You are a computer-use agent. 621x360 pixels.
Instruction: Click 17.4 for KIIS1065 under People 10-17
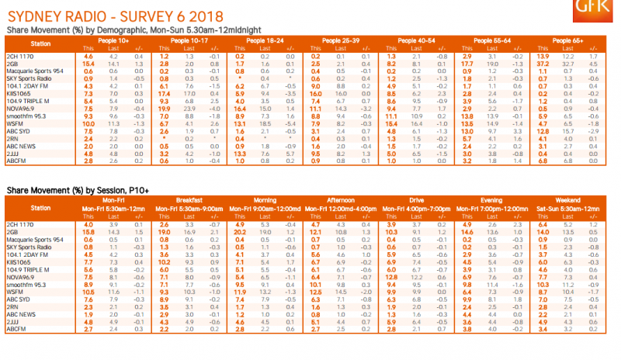(165, 92)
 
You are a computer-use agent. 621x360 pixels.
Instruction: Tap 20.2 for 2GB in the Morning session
(240, 232)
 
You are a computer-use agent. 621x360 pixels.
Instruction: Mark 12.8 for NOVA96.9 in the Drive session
(392, 277)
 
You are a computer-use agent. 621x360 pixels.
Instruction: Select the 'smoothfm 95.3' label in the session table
(28, 284)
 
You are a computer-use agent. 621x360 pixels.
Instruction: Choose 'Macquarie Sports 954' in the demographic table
(36, 71)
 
